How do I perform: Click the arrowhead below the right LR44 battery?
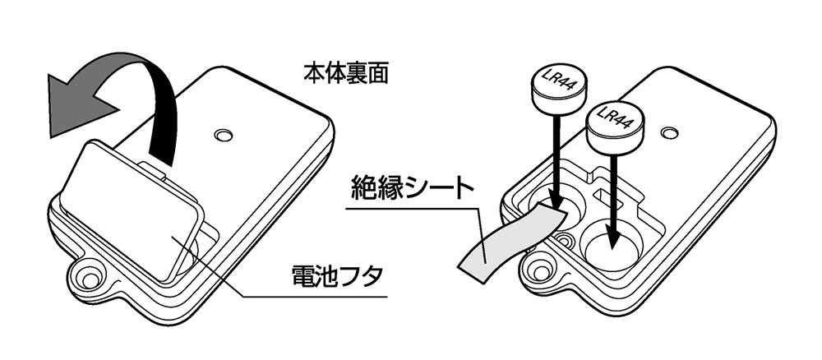click(x=612, y=240)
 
